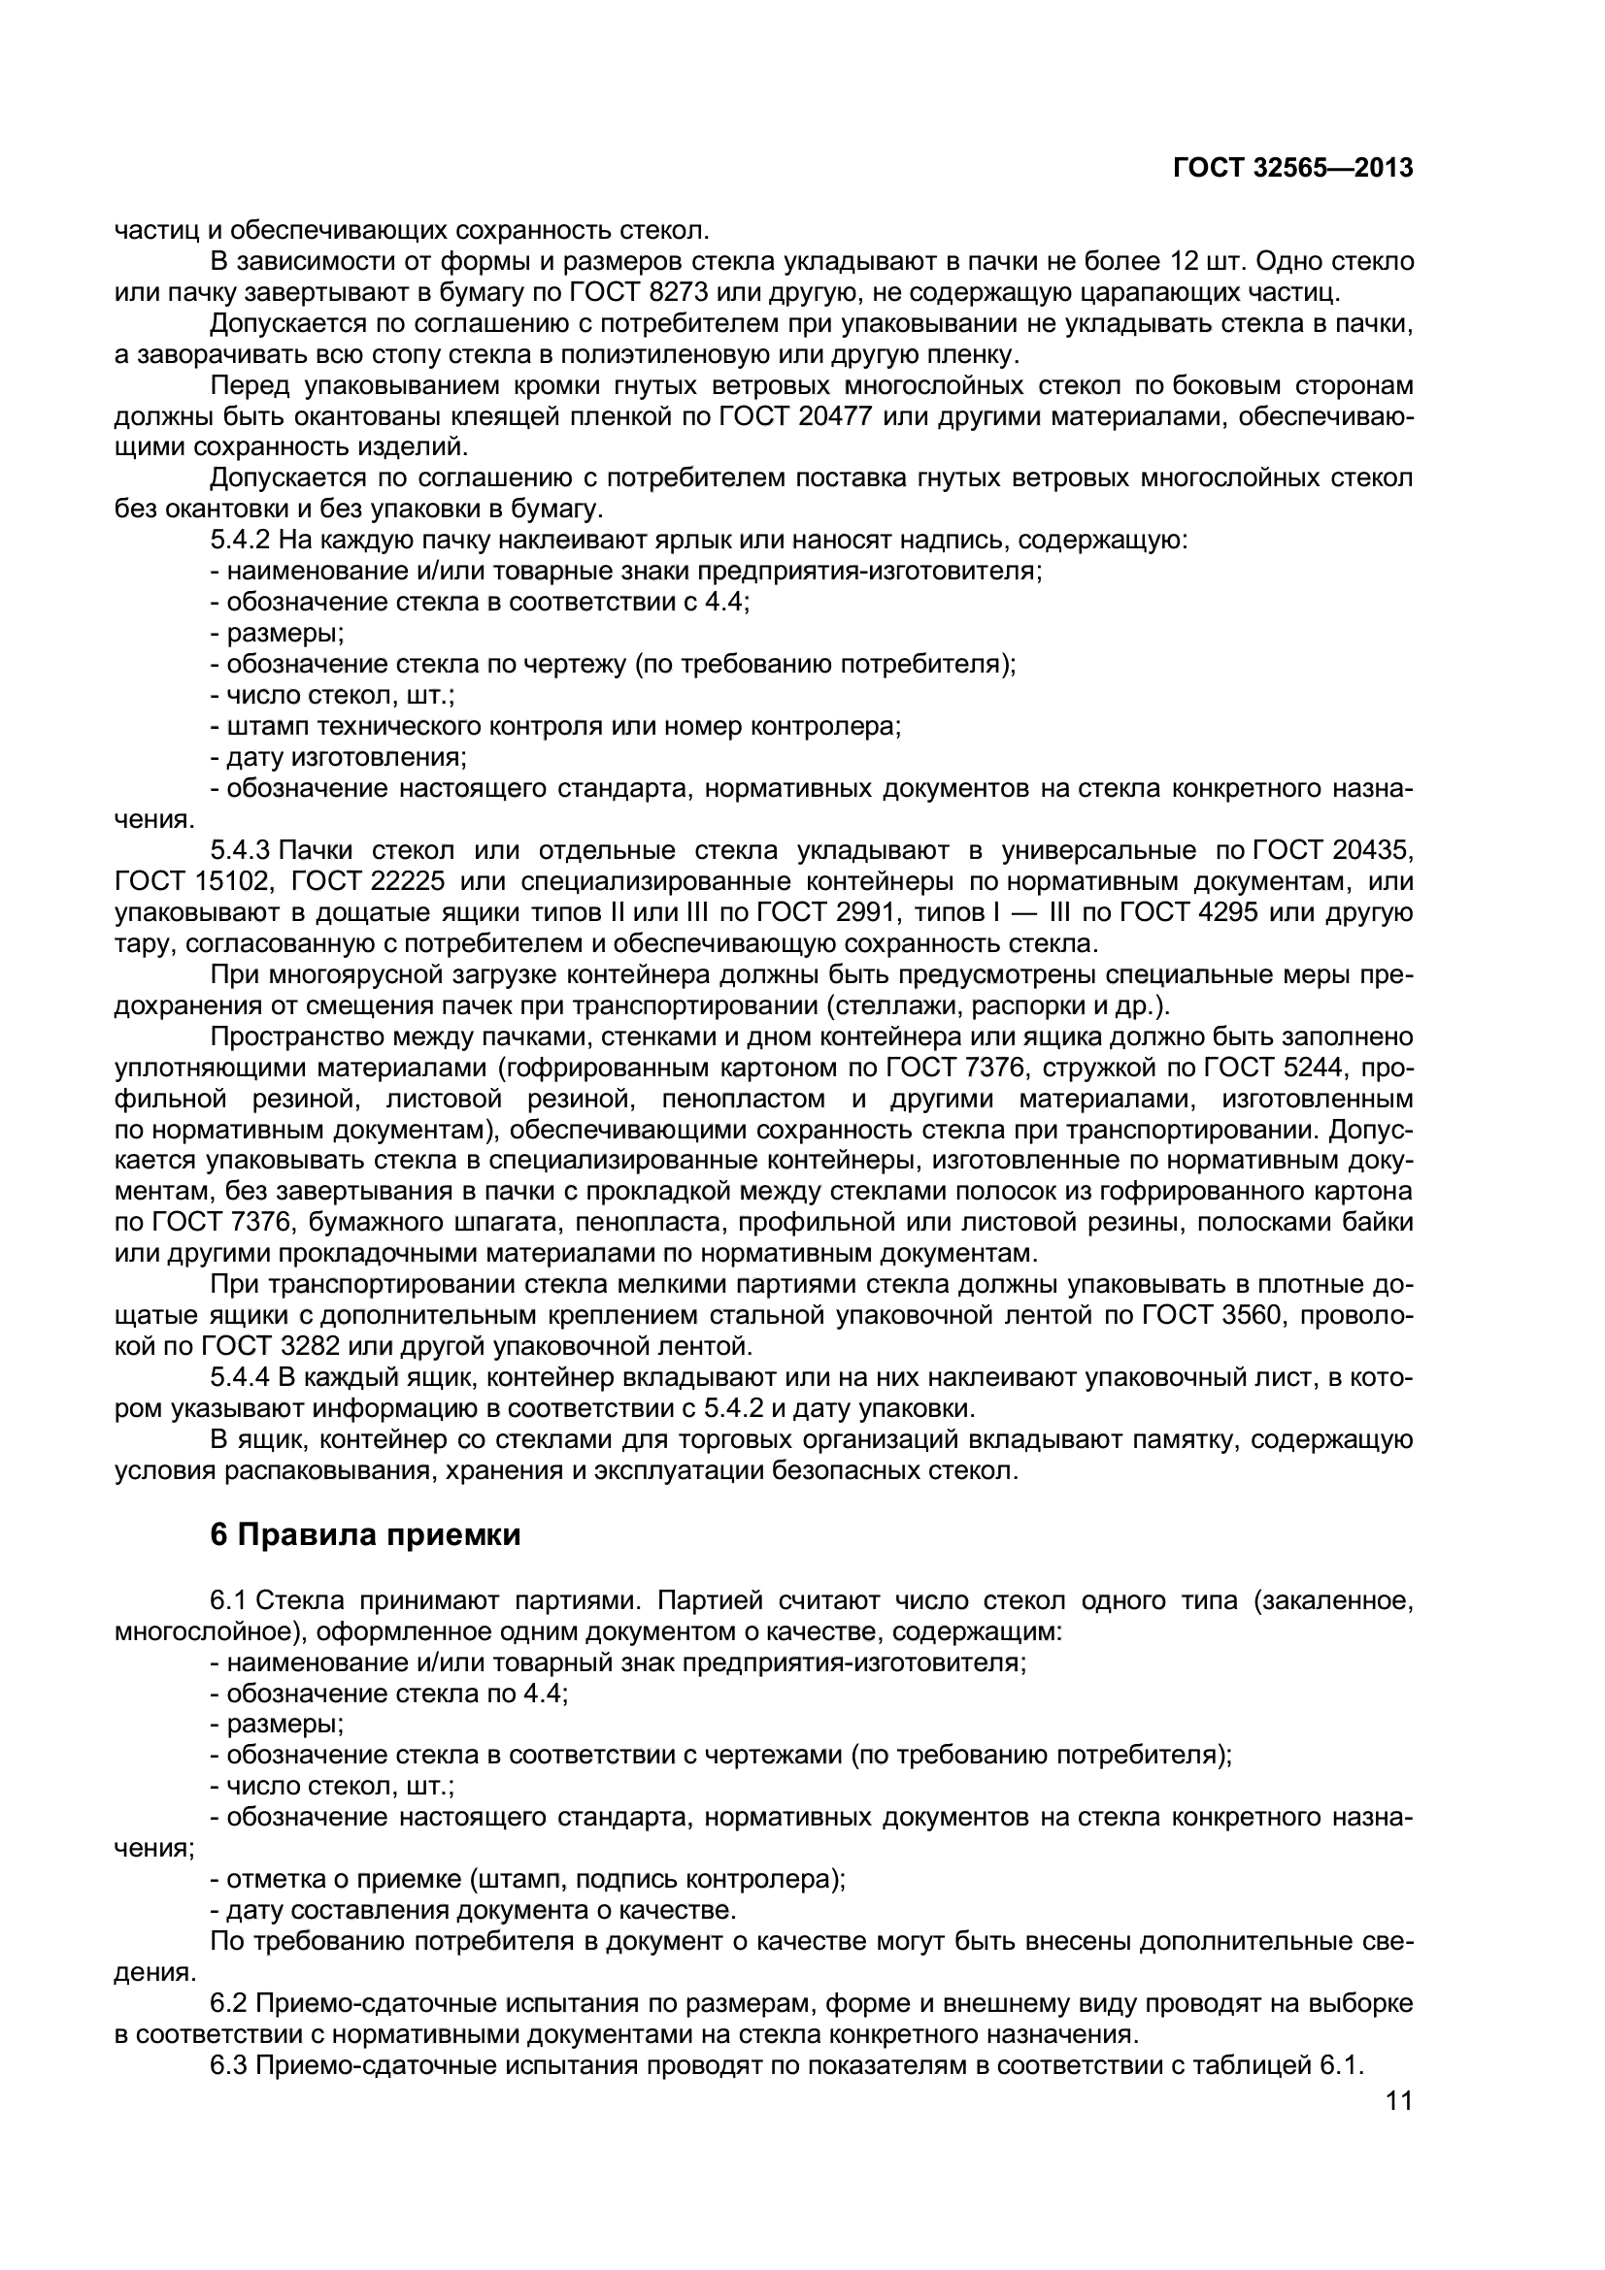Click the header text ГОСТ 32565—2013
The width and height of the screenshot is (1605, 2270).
tap(1292, 169)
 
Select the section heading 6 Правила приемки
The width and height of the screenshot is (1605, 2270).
tap(365, 1534)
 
